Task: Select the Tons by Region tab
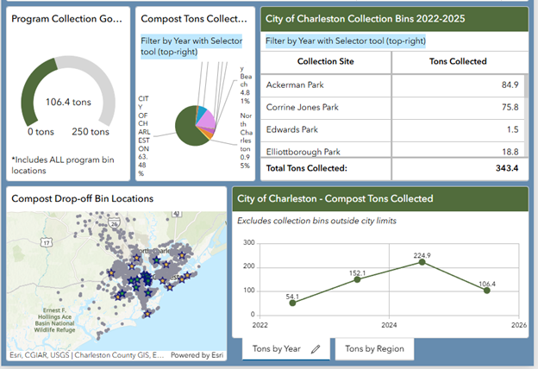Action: coord(374,349)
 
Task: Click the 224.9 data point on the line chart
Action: coord(422,261)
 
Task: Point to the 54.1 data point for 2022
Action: coord(292,303)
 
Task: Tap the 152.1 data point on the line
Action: coord(357,279)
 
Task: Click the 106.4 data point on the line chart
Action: coord(487,291)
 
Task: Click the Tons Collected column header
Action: coord(458,61)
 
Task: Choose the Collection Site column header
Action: coord(326,61)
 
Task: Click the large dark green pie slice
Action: coord(187,128)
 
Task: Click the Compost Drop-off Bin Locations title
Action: coord(82,198)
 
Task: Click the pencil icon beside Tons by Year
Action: coord(316,349)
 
